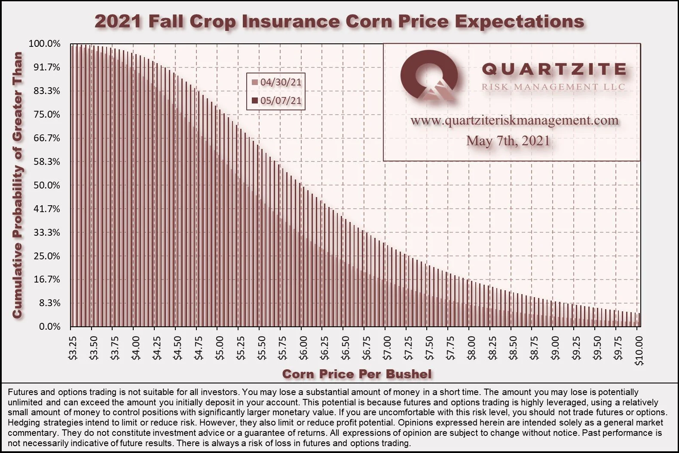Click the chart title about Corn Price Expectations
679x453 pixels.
[339, 21]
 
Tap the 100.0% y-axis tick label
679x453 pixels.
[45, 44]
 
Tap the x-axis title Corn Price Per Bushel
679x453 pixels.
[357, 374]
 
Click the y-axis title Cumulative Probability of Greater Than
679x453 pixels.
[17, 185]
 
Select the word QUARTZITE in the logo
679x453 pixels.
[554, 69]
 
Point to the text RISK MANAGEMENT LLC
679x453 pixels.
[554, 87]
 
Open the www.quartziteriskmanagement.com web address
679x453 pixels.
[514, 121]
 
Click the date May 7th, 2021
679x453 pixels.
[508, 141]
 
